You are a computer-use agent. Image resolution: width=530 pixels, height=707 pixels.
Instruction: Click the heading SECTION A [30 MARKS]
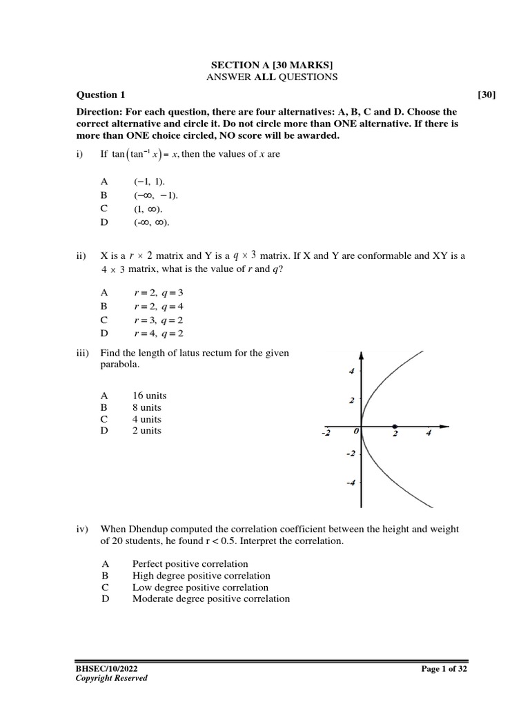(x=271, y=64)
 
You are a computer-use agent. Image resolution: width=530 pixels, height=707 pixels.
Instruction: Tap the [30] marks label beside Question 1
(x=487, y=95)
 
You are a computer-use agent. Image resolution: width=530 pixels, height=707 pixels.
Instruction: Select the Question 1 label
(x=101, y=95)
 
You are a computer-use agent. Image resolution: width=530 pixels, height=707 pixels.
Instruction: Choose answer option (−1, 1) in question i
(x=149, y=180)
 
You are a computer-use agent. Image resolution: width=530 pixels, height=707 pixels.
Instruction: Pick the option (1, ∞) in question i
(x=148, y=209)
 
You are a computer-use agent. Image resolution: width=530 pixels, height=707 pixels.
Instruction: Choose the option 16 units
(x=149, y=396)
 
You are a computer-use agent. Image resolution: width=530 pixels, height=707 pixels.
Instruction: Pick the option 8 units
(x=146, y=407)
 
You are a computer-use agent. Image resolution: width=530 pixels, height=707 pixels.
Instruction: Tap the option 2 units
(x=146, y=430)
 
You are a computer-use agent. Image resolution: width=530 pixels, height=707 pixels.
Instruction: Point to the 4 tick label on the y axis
(x=351, y=371)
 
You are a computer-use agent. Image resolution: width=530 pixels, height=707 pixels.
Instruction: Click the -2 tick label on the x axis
(x=326, y=434)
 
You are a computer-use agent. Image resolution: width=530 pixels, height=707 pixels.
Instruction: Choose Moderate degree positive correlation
(x=210, y=599)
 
